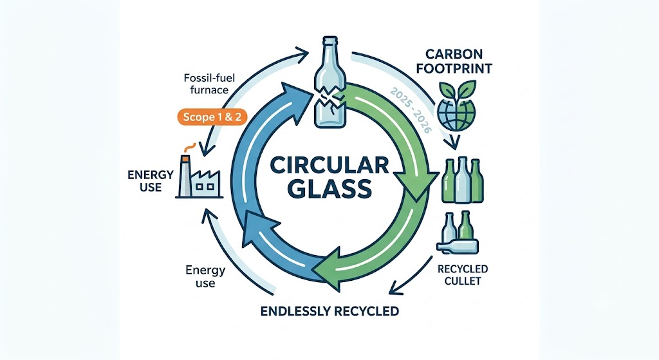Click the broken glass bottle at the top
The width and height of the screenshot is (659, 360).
tap(330, 81)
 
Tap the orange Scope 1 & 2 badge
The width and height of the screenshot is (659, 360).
tap(212, 117)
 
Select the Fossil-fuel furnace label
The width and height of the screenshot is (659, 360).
tap(209, 84)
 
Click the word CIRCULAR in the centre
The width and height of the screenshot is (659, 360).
tap(329, 166)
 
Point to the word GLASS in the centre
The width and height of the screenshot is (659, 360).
tap(331, 189)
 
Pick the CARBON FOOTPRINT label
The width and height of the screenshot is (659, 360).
tap(454, 61)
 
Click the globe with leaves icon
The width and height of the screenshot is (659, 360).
tap(457, 107)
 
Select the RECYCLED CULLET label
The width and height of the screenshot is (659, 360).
tap(462, 274)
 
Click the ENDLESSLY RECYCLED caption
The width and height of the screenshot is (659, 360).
tap(329, 311)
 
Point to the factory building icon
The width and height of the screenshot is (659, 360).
tap(200, 176)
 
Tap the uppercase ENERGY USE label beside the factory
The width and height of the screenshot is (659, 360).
tap(151, 181)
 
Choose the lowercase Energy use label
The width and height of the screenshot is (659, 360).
tap(205, 276)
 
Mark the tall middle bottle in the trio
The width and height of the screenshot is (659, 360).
tap(462, 180)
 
